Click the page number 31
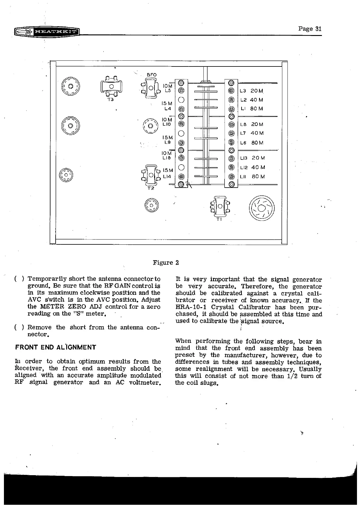[x=310, y=29]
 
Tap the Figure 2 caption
[x=166, y=263]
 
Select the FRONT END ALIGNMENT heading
[x=56, y=347]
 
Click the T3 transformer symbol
[x=111, y=86]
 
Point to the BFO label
[x=151, y=75]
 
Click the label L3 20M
[x=251, y=91]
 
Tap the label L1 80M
[x=251, y=108]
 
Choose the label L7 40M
[x=252, y=133]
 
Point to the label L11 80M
[x=252, y=176]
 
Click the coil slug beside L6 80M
[x=232, y=142]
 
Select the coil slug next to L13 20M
[x=232, y=158]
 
